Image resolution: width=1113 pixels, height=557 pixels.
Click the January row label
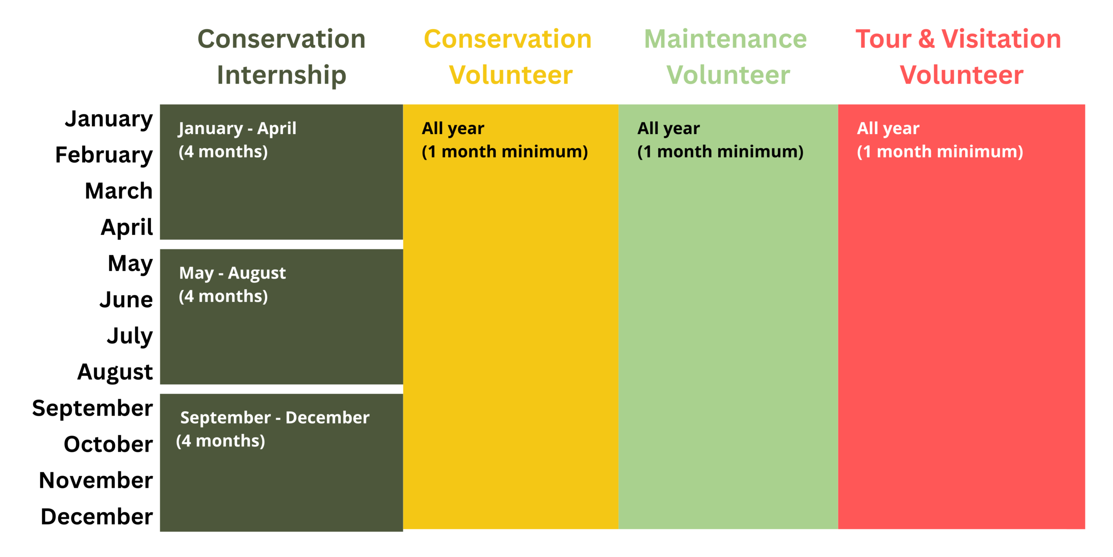pos(109,119)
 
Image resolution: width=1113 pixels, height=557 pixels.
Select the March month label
pos(119,191)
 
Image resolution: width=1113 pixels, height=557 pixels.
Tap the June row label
pos(126,300)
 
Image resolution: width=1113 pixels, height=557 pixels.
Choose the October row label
pos(108,444)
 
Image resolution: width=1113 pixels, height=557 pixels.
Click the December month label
pos(97,517)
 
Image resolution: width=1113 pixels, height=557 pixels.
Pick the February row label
pos(104,155)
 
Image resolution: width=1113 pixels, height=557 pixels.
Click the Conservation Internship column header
pos(282,57)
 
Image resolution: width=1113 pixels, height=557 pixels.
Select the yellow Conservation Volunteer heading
pos(508,57)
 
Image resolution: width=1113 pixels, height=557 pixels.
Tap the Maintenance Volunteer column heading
pos(726,57)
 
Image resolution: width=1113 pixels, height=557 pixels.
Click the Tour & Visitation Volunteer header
pos(959,57)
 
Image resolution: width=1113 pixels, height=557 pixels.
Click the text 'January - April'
pos(237,129)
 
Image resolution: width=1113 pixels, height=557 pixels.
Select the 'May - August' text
pos(233,274)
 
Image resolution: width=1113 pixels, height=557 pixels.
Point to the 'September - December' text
pos(275,418)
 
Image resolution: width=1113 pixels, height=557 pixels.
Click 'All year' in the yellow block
pos(453,129)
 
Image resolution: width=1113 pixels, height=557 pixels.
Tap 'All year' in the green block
pos(669,129)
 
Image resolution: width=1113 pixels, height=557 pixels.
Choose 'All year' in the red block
pos(888,129)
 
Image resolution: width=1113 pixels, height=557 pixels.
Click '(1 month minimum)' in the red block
pos(940,152)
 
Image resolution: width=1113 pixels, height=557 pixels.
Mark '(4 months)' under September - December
pos(220,441)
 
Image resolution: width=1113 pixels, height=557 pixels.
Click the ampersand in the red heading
pos(926,39)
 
